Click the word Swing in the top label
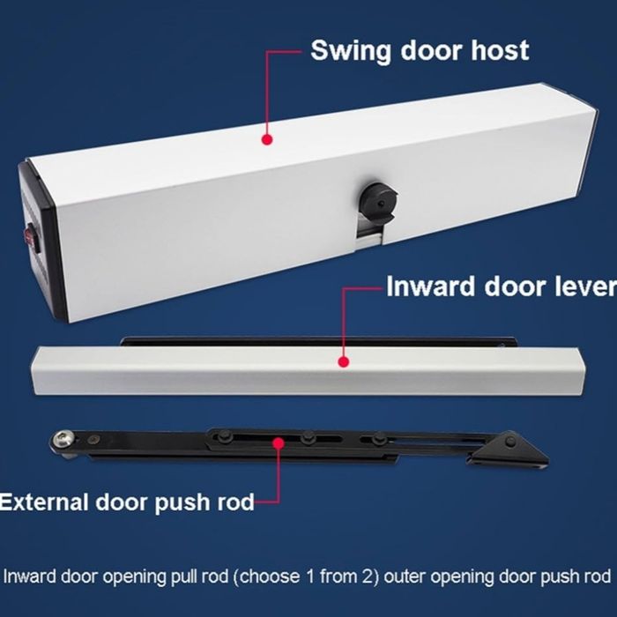tap(351, 51)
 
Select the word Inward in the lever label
tap(431, 286)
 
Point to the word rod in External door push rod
tap(234, 502)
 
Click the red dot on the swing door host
tap(267, 139)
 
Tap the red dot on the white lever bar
tap(344, 361)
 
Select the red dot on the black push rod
tap(279, 443)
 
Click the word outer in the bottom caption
tap(405, 576)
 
